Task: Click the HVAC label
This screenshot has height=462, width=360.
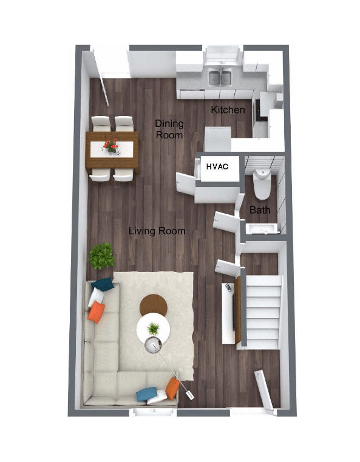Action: tap(217, 166)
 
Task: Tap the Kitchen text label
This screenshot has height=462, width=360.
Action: tap(228, 110)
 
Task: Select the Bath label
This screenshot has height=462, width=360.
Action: tap(260, 210)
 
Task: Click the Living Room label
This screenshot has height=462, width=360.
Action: tap(157, 231)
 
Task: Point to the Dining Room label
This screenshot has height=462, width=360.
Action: tap(169, 129)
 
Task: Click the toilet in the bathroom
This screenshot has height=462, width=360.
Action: tap(262, 185)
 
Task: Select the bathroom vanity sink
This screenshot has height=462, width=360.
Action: tap(262, 229)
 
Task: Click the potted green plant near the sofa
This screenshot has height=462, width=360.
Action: tap(101, 256)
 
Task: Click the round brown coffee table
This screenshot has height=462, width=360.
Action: tap(153, 304)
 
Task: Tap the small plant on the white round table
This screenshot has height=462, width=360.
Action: tap(153, 328)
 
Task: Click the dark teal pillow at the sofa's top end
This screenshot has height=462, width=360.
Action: tap(102, 284)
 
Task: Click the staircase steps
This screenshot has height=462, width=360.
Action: tap(263, 312)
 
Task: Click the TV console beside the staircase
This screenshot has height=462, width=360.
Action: tap(228, 313)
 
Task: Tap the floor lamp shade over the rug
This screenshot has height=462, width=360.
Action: tap(153, 345)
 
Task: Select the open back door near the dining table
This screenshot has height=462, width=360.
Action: tap(100, 78)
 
